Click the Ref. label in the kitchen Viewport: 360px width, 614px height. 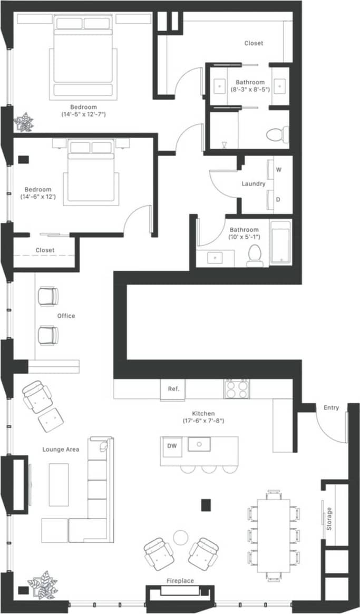click(173, 389)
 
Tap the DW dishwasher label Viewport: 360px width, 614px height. click(171, 445)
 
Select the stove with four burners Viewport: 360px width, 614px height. click(236, 388)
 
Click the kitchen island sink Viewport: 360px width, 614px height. click(200, 444)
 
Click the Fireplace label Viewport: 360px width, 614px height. click(180, 581)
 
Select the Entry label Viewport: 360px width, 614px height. click(332, 407)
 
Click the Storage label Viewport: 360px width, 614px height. click(329, 519)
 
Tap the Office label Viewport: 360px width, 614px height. click(66, 316)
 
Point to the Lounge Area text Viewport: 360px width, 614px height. click(61, 450)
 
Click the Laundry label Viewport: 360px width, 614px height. click(253, 184)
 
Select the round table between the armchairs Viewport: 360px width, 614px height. click(181, 537)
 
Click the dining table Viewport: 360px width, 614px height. click(274, 534)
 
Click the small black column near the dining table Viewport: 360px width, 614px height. click(206, 504)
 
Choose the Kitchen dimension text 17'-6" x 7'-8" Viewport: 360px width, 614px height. click(203, 421)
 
